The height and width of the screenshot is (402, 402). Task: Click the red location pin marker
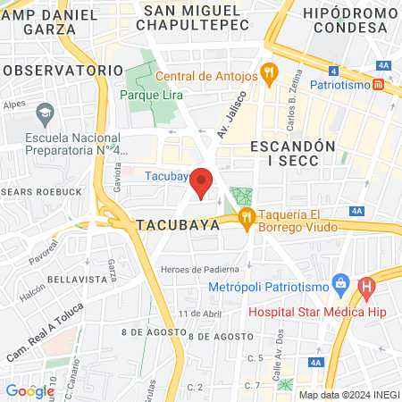pos(203,183)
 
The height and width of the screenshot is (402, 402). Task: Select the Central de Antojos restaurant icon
pos(267,73)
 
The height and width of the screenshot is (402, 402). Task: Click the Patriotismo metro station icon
pos(378,85)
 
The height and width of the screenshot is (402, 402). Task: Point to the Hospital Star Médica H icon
pos(365,288)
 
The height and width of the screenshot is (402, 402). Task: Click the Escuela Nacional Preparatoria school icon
pos(45,113)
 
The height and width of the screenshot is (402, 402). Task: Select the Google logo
pos(30,390)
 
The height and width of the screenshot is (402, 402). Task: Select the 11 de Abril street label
pos(199,314)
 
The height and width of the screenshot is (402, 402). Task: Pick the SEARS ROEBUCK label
pos(37,191)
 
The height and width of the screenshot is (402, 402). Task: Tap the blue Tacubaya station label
pos(165,176)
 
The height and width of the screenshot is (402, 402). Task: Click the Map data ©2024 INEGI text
pos(348,395)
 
